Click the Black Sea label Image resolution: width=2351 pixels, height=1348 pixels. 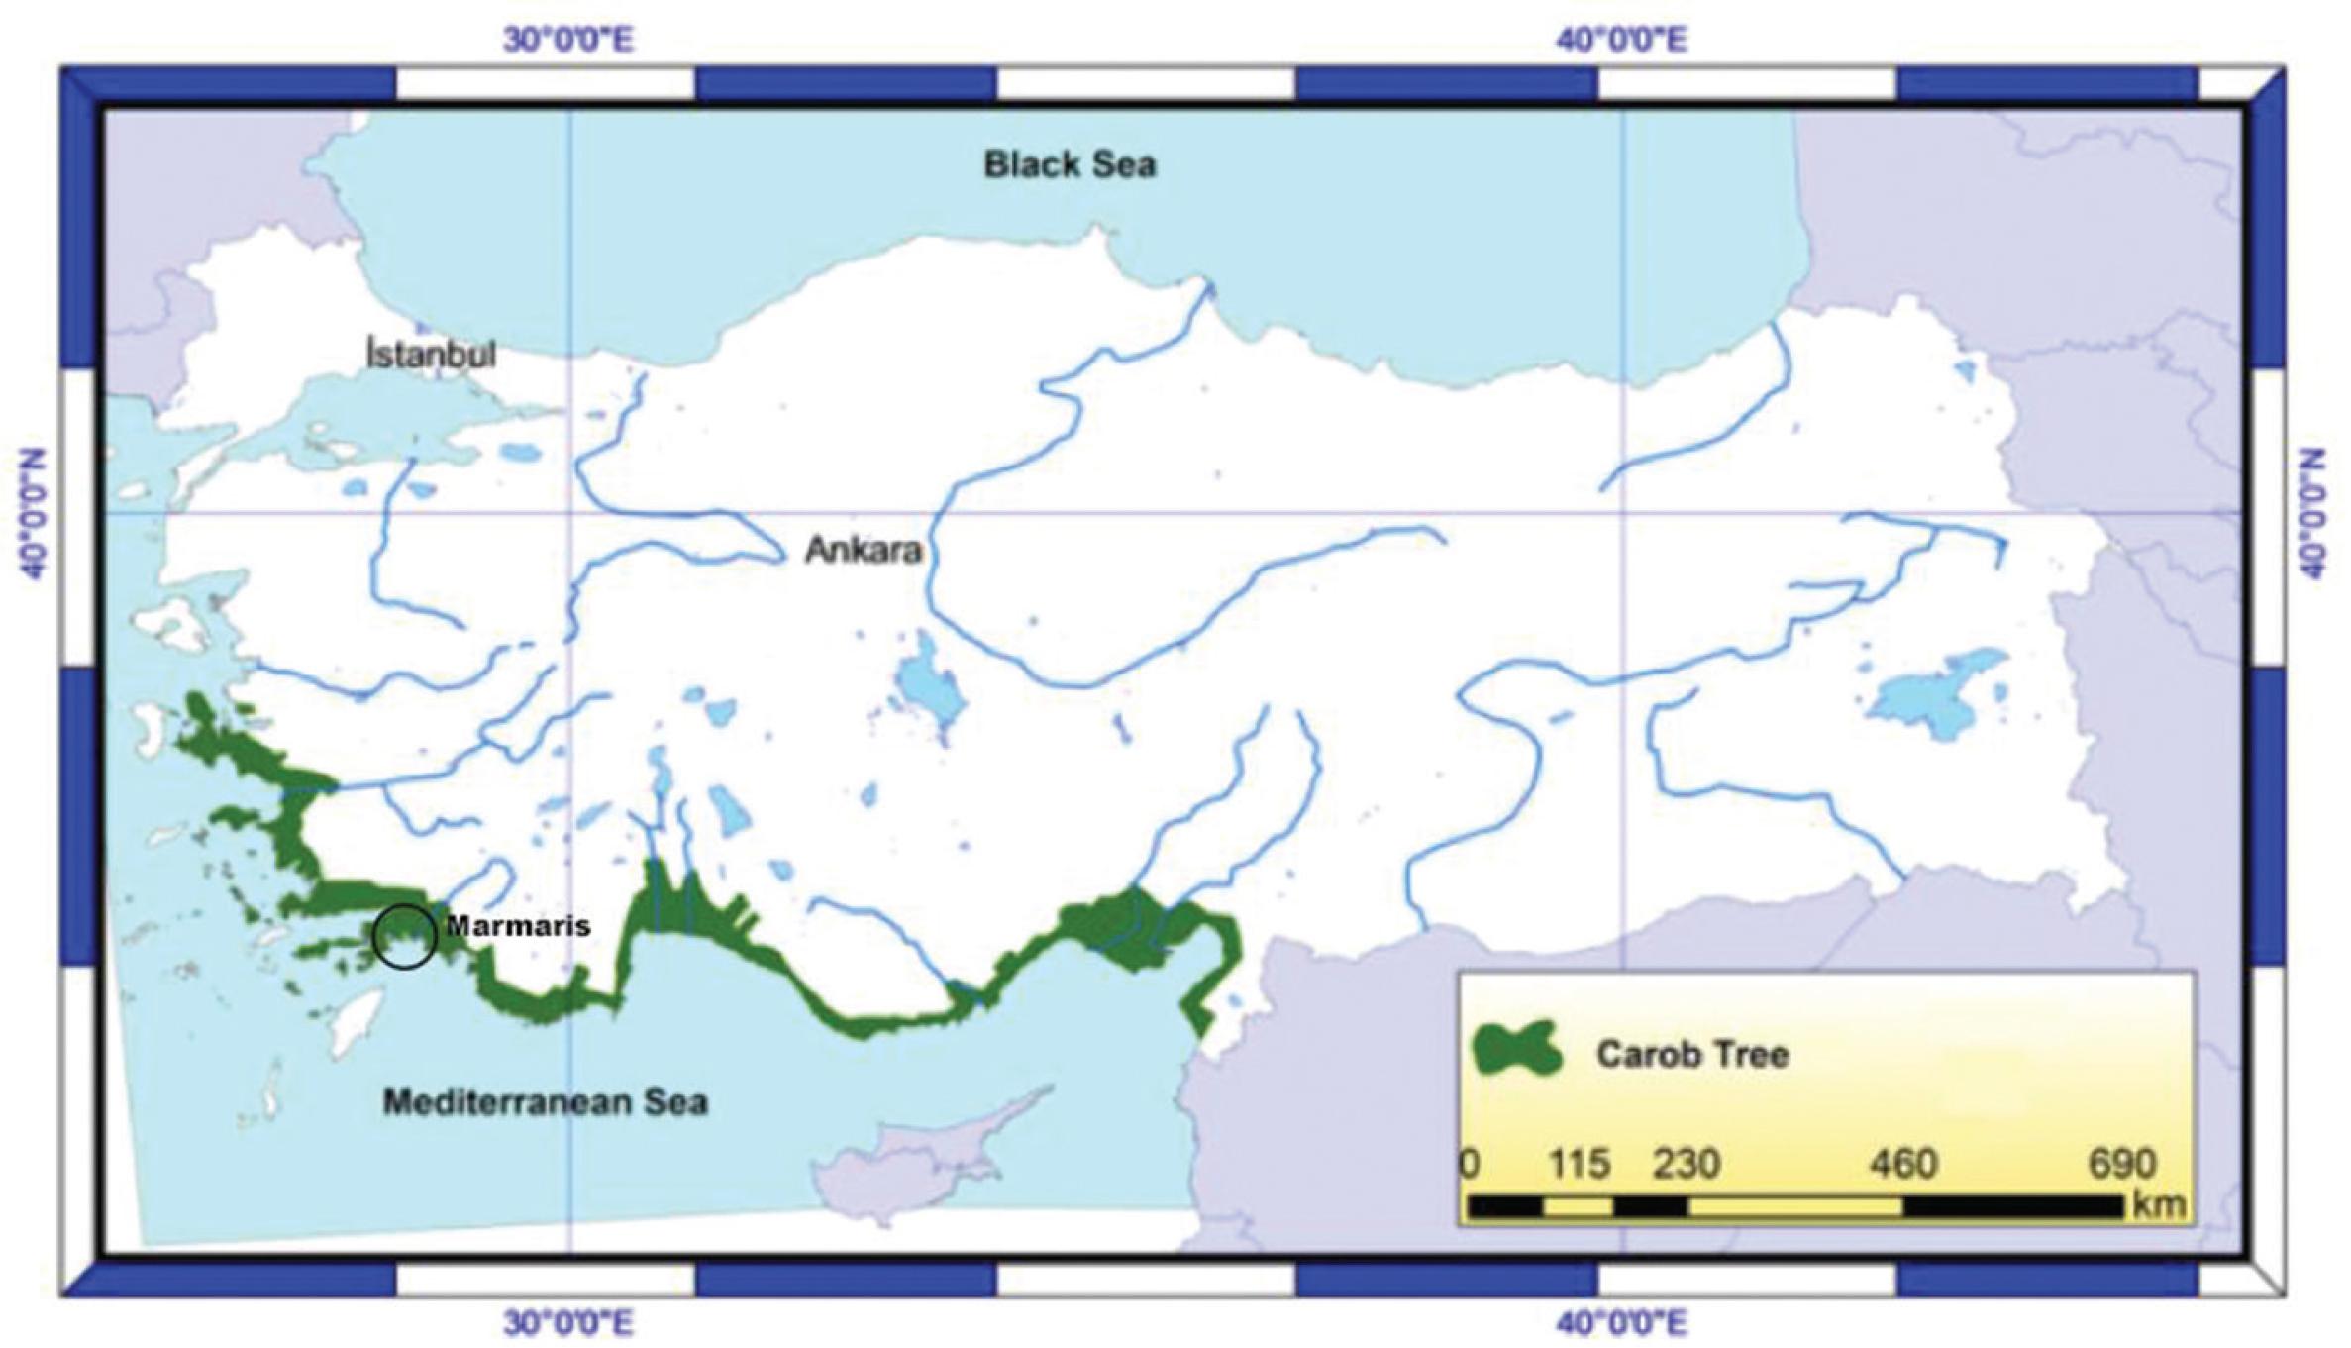point(1070,164)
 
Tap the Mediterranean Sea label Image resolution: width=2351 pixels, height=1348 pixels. point(546,1102)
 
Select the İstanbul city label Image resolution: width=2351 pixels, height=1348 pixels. point(431,354)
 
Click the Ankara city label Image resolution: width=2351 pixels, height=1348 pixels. point(864,550)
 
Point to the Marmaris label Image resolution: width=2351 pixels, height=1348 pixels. point(517,926)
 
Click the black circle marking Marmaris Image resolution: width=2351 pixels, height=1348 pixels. point(405,936)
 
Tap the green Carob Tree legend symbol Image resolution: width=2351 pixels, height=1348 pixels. point(1515,1051)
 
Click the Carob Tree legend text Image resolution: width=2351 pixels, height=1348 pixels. point(1691,1054)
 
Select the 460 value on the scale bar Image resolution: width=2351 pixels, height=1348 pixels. point(1902,1164)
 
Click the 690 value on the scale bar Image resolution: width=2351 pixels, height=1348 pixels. point(2122,1164)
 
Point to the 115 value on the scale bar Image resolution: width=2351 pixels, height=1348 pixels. point(1580,1164)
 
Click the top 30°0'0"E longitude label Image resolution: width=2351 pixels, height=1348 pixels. point(568,41)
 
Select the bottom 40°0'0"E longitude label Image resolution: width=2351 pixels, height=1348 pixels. point(1621,1322)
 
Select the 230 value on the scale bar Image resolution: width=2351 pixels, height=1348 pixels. point(1686,1164)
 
